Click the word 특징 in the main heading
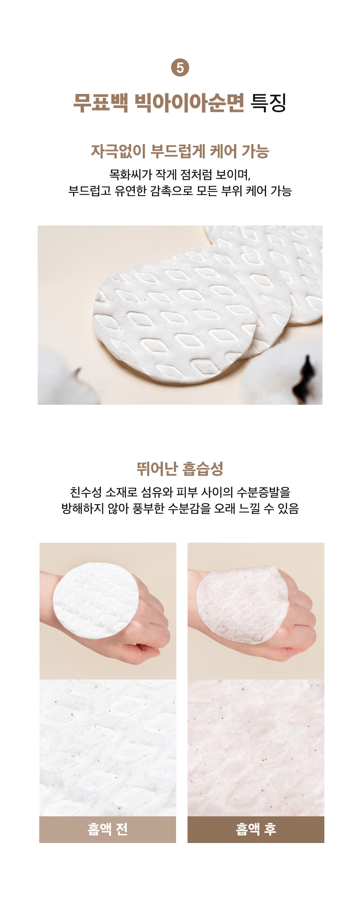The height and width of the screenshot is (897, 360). tap(268, 103)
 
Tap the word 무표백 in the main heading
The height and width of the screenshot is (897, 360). tap(100, 103)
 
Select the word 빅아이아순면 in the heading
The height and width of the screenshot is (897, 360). tap(189, 103)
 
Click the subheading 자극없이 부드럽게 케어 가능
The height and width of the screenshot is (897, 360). tap(180, 151)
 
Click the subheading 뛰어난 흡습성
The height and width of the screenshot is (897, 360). tap(180, 468)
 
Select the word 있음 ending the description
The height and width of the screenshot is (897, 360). tap(288, 508)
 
